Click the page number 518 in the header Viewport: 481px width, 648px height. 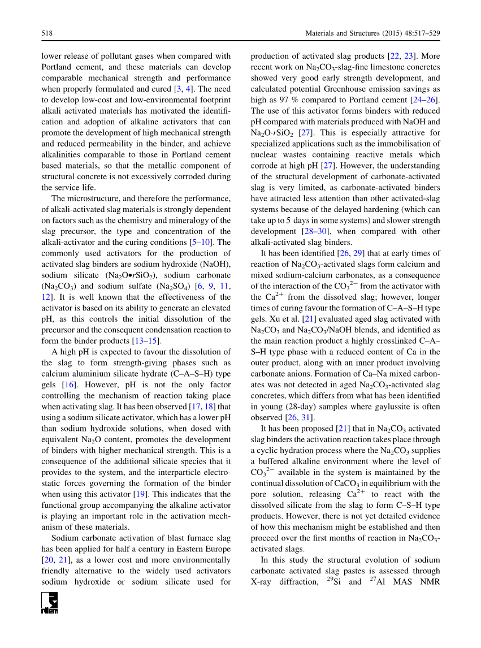click(x=47, y=34)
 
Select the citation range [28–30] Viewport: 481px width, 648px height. click(x=306, y=231)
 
